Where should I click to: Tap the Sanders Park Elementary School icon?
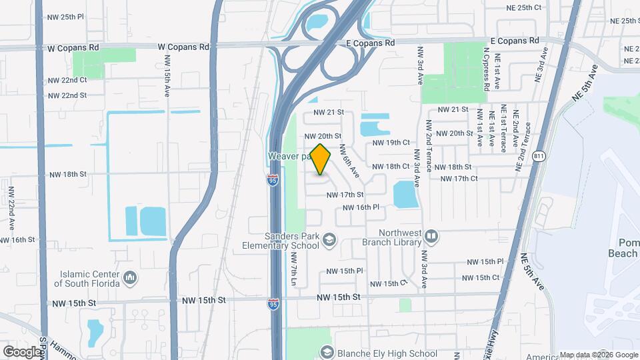pos(329,239)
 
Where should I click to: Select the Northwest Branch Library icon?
pos(431,237)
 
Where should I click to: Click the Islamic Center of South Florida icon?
pos(131,276)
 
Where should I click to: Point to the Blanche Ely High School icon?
pos(327,351)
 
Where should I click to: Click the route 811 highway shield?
pos(539,157)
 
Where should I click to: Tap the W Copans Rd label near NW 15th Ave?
pos(183,47)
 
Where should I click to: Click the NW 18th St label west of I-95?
pos(68,175)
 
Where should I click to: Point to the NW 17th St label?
pos(345,195)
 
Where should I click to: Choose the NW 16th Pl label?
pos(361,208)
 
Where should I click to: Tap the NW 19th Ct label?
pos(390,143)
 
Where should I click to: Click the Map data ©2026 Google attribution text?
pos(598,355)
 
